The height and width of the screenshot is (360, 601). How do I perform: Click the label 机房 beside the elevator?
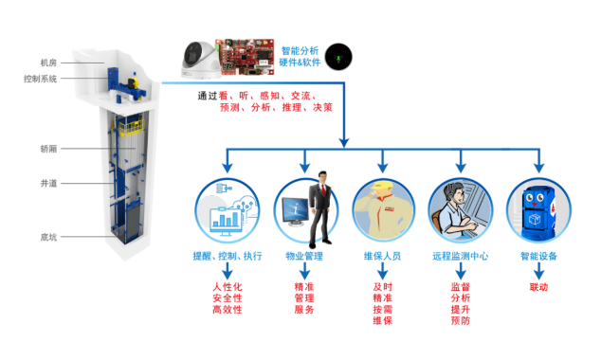click(x=48, y=63)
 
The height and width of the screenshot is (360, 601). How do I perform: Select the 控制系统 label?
click(x=40, y=79)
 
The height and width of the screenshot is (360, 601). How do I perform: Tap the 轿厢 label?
click(x=48, y=149)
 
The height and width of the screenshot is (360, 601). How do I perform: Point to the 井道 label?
click(x=48, y=184)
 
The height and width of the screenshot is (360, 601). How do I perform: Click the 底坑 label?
click(x=48, y=237)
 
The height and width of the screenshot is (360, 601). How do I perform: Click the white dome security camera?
click(x=200, y=60)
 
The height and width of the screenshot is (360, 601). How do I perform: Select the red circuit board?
click(x=246, y=56)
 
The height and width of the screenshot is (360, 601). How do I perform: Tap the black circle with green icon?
click(x=338, y=57)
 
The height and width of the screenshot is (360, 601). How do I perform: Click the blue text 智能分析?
click(x=300, y=51)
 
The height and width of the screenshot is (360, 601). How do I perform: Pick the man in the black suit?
click(x=320, y=209)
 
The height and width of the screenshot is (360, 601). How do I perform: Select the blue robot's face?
click(x=535, y=198)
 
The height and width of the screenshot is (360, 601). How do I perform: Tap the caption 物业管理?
click(x=304, y=256)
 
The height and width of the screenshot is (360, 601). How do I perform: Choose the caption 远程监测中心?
click(x=461, y=256)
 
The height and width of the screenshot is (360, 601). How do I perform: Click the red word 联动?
click(x=538, y=287)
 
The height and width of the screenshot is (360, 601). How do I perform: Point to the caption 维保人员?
click(x=383, y=256)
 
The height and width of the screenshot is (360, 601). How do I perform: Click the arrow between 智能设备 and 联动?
click(x=538, y=271)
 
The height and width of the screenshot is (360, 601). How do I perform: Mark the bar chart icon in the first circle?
click(x=226, y=219)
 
